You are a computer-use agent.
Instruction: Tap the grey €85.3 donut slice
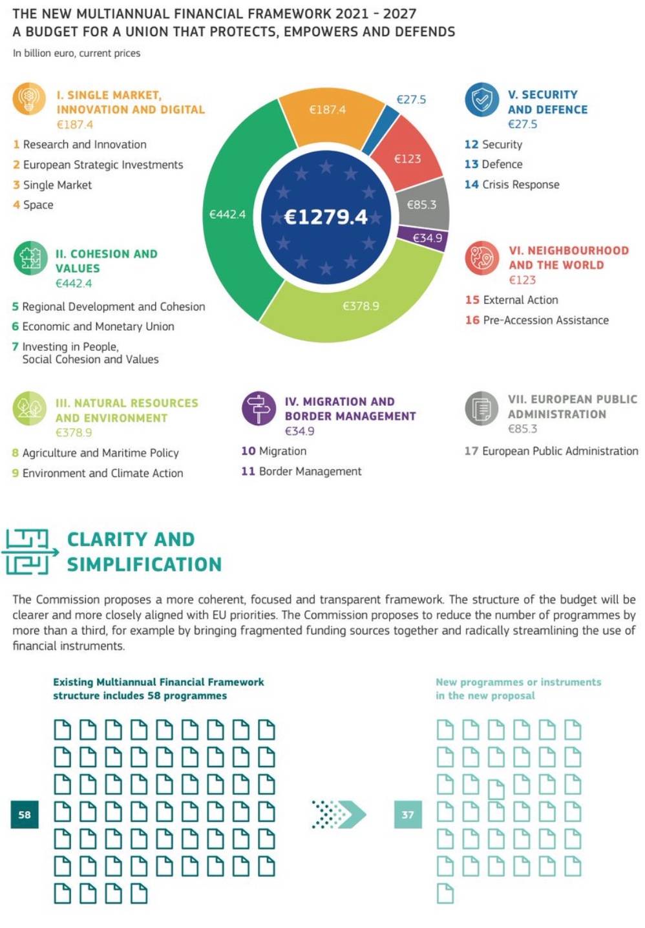pos(422,204)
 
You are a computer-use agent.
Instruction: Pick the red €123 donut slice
pos(408,157)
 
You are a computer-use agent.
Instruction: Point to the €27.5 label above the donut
pos(411,100)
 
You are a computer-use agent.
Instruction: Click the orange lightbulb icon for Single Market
pos(29,99)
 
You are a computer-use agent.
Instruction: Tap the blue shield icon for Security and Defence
pos(481,100)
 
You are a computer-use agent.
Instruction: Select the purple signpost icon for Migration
pos(259,408)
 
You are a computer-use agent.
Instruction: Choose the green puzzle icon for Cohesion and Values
pos(30,257)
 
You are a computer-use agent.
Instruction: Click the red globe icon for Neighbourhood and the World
pos(481,257)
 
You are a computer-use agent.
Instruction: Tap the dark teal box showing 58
pos(25,814)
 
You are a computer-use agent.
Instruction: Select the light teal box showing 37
pos(408,814)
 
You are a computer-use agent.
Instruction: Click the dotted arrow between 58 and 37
pos(339,814)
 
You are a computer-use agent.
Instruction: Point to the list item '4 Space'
pos(33,205)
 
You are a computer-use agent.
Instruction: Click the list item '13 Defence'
pos(494,164)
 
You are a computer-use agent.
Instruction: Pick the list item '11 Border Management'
pos(301,471)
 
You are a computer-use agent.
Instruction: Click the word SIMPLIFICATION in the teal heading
pos(144,564)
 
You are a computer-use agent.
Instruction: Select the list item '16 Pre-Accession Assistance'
pos(536,320)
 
